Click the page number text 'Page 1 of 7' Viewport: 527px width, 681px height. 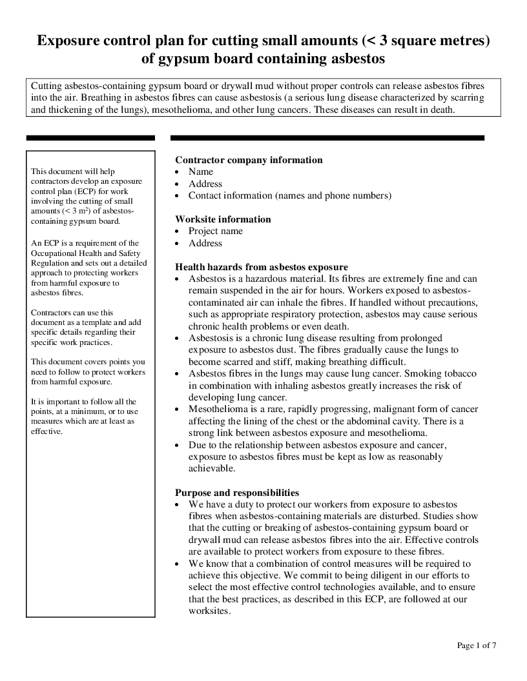point(477,646)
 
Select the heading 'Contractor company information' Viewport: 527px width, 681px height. point(249,160)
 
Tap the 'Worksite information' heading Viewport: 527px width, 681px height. point(223,219)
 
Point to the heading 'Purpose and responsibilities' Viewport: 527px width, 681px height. point(237,492)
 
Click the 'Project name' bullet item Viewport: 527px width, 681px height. point(216,231)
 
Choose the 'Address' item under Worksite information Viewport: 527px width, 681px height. point(205,243)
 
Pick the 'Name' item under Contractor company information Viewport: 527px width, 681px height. point(200,172)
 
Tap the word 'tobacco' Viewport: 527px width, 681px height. point(460,374)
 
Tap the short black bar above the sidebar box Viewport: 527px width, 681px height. point(90,137)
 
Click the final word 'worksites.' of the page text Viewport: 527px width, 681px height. point(209,611)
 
